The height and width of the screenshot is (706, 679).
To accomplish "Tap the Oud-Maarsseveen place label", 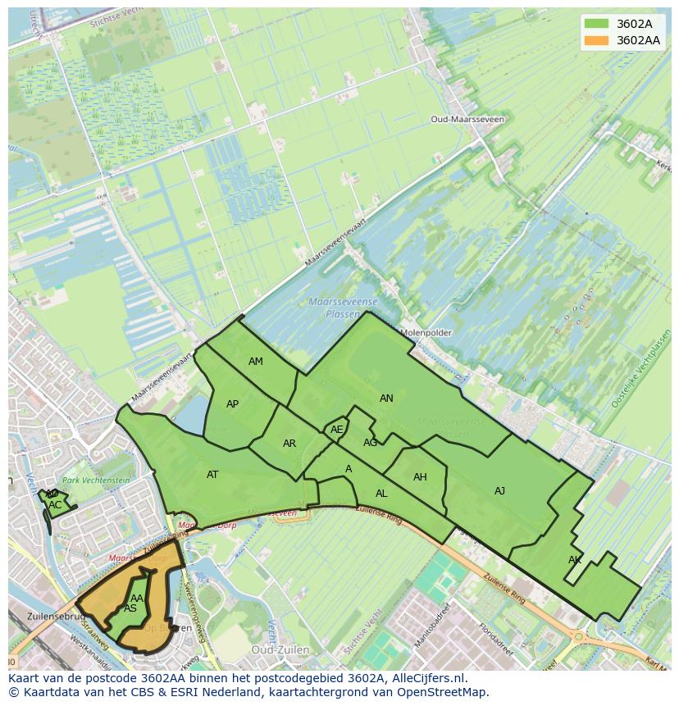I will coord(467,119).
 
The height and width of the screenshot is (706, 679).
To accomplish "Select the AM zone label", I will coord(256,362).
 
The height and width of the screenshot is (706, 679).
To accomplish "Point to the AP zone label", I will coord(233,404).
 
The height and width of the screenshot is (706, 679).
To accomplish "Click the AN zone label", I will coord(386,399).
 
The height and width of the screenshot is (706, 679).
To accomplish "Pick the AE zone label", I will coord(337,430).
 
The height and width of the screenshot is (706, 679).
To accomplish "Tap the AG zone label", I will coord(370,443).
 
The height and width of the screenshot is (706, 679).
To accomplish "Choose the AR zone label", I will coord(289,444).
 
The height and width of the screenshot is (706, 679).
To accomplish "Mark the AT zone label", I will coord(212,475).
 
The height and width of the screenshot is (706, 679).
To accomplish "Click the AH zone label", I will coord(420,477).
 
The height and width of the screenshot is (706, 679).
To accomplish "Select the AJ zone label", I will coord(499,491).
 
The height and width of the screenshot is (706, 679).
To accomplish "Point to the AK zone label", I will coord(575,560).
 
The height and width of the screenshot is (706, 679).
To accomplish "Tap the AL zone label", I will coord(381,494).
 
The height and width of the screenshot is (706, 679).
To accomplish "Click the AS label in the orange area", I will coord(130,609).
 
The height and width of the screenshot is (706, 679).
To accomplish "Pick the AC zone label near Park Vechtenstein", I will coord(55,505).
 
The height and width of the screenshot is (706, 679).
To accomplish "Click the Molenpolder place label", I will coord(426,333).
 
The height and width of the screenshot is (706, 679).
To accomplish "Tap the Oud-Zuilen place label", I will coord(280,649).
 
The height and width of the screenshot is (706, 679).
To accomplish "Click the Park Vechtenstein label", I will coord(97,481).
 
